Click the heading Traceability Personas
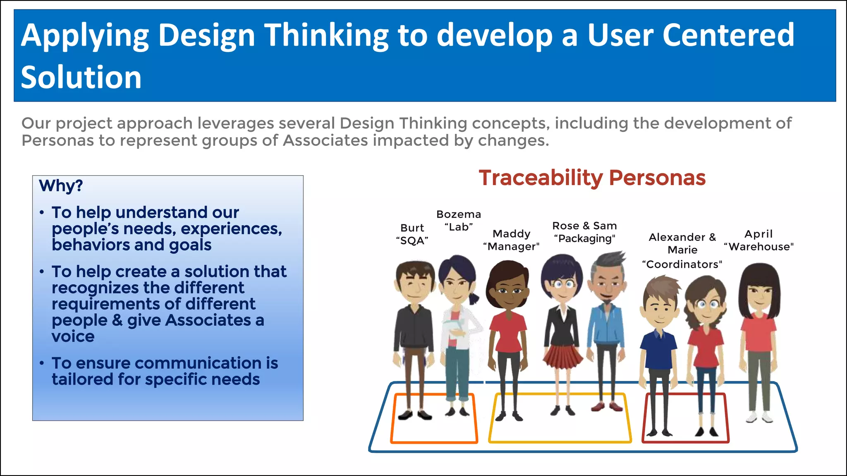pyautogui.click(x=592, y=178)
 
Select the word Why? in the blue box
pyautogui.click(x=61, y=186)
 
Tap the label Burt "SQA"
pyautogui.click(x=412, y=234)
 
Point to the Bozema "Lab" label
pyautogui.click(x=459, y=221)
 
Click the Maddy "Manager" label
pyautogui.click(x=511, y=240)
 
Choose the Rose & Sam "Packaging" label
pyautogui.click(x=584, y=232)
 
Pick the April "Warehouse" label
pyautogui.click(x=758, y=240)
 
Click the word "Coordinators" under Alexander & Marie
pyautogui.click(x=682, y=264)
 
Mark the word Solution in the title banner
pyautogui.click(x=81, y=78)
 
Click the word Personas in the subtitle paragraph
pyautogui.click(x=58, y=141)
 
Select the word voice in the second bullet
pyautogui.click(x=73, y=336)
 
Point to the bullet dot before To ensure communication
pyautogui.click(x=42, y=363)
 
